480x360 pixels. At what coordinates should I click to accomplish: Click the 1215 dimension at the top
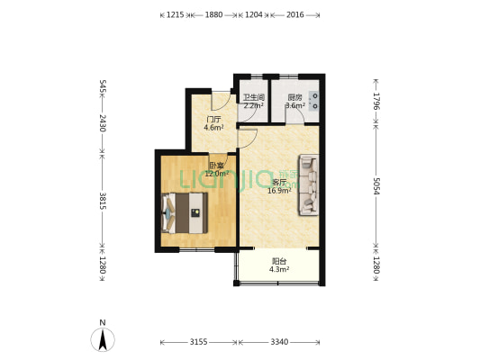(x=175, y=14)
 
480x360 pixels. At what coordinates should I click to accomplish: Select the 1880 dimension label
(x=213, y=14)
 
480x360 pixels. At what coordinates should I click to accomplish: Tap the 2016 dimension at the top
(x=295, y=14)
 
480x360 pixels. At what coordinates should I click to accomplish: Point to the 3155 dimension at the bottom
(x=199, y=342)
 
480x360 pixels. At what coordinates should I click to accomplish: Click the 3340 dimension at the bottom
(x=279, y=342)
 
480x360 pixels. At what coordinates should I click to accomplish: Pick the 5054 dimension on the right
(x=376, y=186)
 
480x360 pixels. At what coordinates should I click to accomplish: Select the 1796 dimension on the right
(x=376, y=101)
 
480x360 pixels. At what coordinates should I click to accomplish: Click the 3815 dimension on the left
(x=103, y=201)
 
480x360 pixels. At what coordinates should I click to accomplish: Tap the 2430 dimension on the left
(x=103, y=123)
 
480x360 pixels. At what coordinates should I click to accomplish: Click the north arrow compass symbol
(x=103, y=339)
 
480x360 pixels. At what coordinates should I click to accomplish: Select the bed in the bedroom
(x=185, y=213)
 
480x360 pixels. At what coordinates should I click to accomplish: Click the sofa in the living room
(x=309, y=185)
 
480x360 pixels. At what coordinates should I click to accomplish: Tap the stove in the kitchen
(x=314, y=101)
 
